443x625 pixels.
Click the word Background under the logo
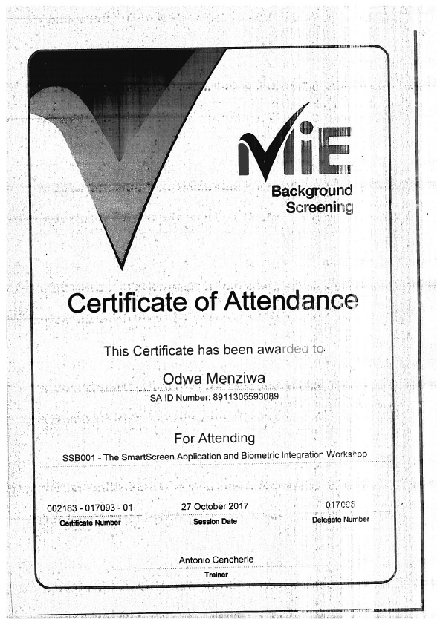311,191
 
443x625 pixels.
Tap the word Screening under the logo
319,207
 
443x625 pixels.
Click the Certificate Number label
89,522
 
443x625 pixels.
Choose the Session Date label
215,521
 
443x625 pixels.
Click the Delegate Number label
340,519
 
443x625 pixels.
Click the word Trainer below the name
216,574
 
